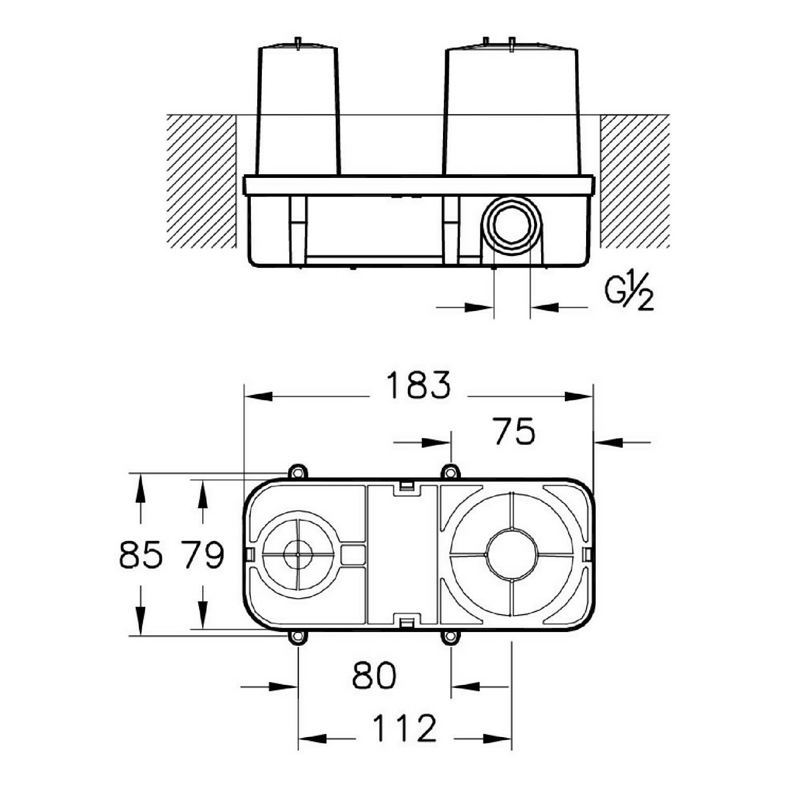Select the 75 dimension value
[x=514, y=431]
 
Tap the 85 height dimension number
[x=140, y=555]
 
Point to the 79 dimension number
[x=203, y=555]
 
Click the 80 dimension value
[x=374, y=675]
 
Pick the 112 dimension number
[x=405, y=728]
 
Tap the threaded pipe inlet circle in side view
[x=511, y=227]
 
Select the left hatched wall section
[x=201, y=182]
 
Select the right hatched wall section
[x=635, y=182]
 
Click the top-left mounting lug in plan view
[x=298, y=471]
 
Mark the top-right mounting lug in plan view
[x=450, y=471]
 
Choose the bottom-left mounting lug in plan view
[x=298, y=637]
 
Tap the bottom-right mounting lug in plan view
[x=450, y=637]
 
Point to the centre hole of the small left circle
[x=298, y=554]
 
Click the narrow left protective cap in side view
[x=298, y=111]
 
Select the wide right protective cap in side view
[x=512, y=111]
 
